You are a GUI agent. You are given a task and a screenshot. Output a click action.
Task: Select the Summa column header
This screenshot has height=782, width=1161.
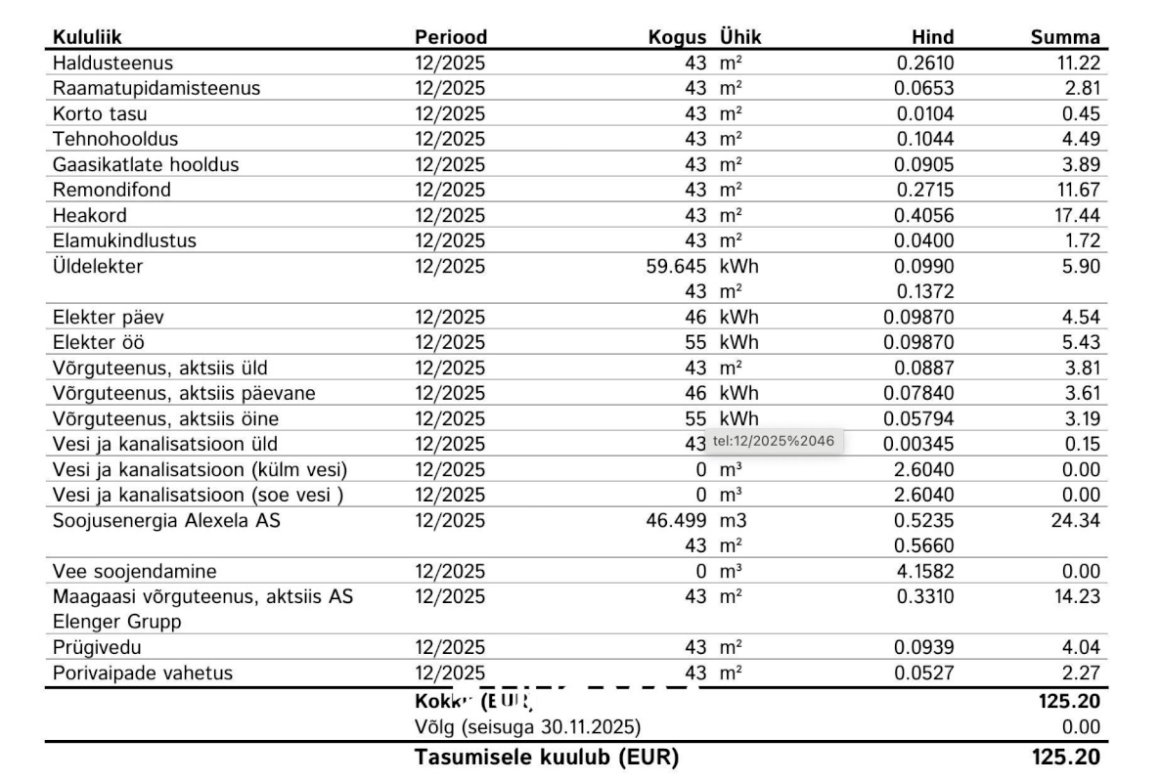coord(1065,38)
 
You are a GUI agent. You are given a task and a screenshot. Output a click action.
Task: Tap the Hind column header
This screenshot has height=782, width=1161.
coord(932,38)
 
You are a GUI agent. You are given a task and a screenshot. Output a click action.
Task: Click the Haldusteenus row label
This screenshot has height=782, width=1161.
coord(112,64)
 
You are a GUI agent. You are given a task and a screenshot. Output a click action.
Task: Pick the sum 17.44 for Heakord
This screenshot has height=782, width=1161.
coord(1075,216)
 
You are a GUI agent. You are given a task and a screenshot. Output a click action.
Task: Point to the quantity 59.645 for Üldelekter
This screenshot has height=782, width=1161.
coord(676,267)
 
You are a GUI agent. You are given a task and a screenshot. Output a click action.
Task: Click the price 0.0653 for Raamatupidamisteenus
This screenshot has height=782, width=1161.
coord(924,89)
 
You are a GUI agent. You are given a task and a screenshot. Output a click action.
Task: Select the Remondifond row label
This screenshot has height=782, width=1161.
coord(112,191)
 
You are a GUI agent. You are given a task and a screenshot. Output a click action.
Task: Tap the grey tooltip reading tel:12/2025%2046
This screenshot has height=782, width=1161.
coord(774,442)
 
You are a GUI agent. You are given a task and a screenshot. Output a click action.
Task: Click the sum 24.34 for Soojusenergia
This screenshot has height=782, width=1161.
coord(1075,521)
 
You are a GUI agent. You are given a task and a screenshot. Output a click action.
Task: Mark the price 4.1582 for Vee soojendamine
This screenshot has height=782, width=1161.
coord(924,572)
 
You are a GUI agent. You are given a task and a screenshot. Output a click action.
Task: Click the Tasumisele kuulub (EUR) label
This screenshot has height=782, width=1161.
coord(547,758)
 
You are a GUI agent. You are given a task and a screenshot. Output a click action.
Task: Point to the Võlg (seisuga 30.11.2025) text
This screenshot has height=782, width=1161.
coord(528,727)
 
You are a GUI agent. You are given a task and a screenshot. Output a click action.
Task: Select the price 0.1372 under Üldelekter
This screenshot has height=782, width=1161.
coord(924,292)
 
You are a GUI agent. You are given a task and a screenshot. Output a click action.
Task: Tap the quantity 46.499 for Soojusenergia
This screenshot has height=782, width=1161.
coord(676,521)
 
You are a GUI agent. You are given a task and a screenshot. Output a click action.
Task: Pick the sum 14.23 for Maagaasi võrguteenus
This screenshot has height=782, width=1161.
coord(1075,597)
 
